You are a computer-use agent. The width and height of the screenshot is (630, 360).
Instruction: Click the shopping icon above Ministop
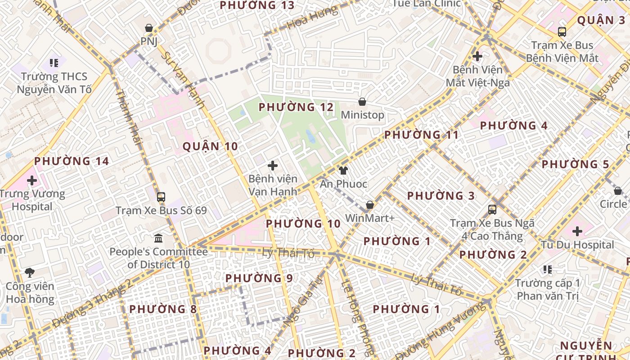(362, 102)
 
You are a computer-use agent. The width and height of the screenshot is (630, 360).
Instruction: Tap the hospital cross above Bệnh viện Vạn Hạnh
(272, 166)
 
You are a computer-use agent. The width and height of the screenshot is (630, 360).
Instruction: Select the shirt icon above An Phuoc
(343, 171)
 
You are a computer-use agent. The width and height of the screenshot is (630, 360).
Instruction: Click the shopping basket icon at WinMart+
(370, 205)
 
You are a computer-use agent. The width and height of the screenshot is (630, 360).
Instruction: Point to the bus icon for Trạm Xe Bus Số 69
(161, 197)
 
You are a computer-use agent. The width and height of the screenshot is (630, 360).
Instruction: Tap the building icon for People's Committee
(158, 238)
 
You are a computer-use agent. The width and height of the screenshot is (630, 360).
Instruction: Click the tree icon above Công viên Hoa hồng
(30, 272)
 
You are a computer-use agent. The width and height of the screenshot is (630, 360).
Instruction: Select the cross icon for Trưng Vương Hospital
(31, 181)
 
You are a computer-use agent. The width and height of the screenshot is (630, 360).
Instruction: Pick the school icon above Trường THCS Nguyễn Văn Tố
(54, 63)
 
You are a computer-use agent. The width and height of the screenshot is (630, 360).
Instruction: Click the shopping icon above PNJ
(149, 28)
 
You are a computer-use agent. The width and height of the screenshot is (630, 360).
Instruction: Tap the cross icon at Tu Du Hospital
(577, 232)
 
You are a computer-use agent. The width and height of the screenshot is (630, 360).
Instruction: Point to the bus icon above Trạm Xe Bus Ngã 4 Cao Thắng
(492, 210)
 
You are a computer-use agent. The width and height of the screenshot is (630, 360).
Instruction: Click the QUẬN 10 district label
(210, 146)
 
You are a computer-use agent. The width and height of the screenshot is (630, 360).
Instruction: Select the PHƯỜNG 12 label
(296, 107)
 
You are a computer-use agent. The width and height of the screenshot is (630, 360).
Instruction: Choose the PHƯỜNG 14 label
(72, 161)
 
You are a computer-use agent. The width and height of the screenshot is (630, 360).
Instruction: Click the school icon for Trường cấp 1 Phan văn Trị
(548, 270)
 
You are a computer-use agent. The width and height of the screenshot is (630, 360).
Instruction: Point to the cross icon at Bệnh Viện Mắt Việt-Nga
(477, 57)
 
